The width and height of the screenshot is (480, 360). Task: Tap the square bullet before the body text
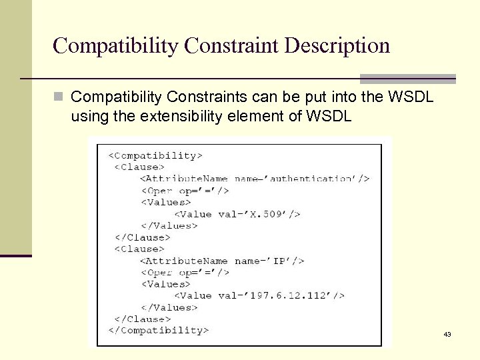click(59, 97)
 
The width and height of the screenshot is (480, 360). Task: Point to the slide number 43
click(447, 334)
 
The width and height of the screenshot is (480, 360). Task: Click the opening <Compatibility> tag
click(155, 155)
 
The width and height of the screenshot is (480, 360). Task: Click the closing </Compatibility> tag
click(159, 330)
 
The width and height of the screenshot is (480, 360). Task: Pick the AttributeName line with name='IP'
click(222, 261)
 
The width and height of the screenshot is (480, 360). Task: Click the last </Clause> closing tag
click(143, 319)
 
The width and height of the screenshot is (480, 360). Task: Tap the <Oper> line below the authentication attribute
click(185, 191)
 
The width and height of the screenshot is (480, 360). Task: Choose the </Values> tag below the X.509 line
click(169, 225)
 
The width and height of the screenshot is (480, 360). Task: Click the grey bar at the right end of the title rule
click(407, 79)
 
